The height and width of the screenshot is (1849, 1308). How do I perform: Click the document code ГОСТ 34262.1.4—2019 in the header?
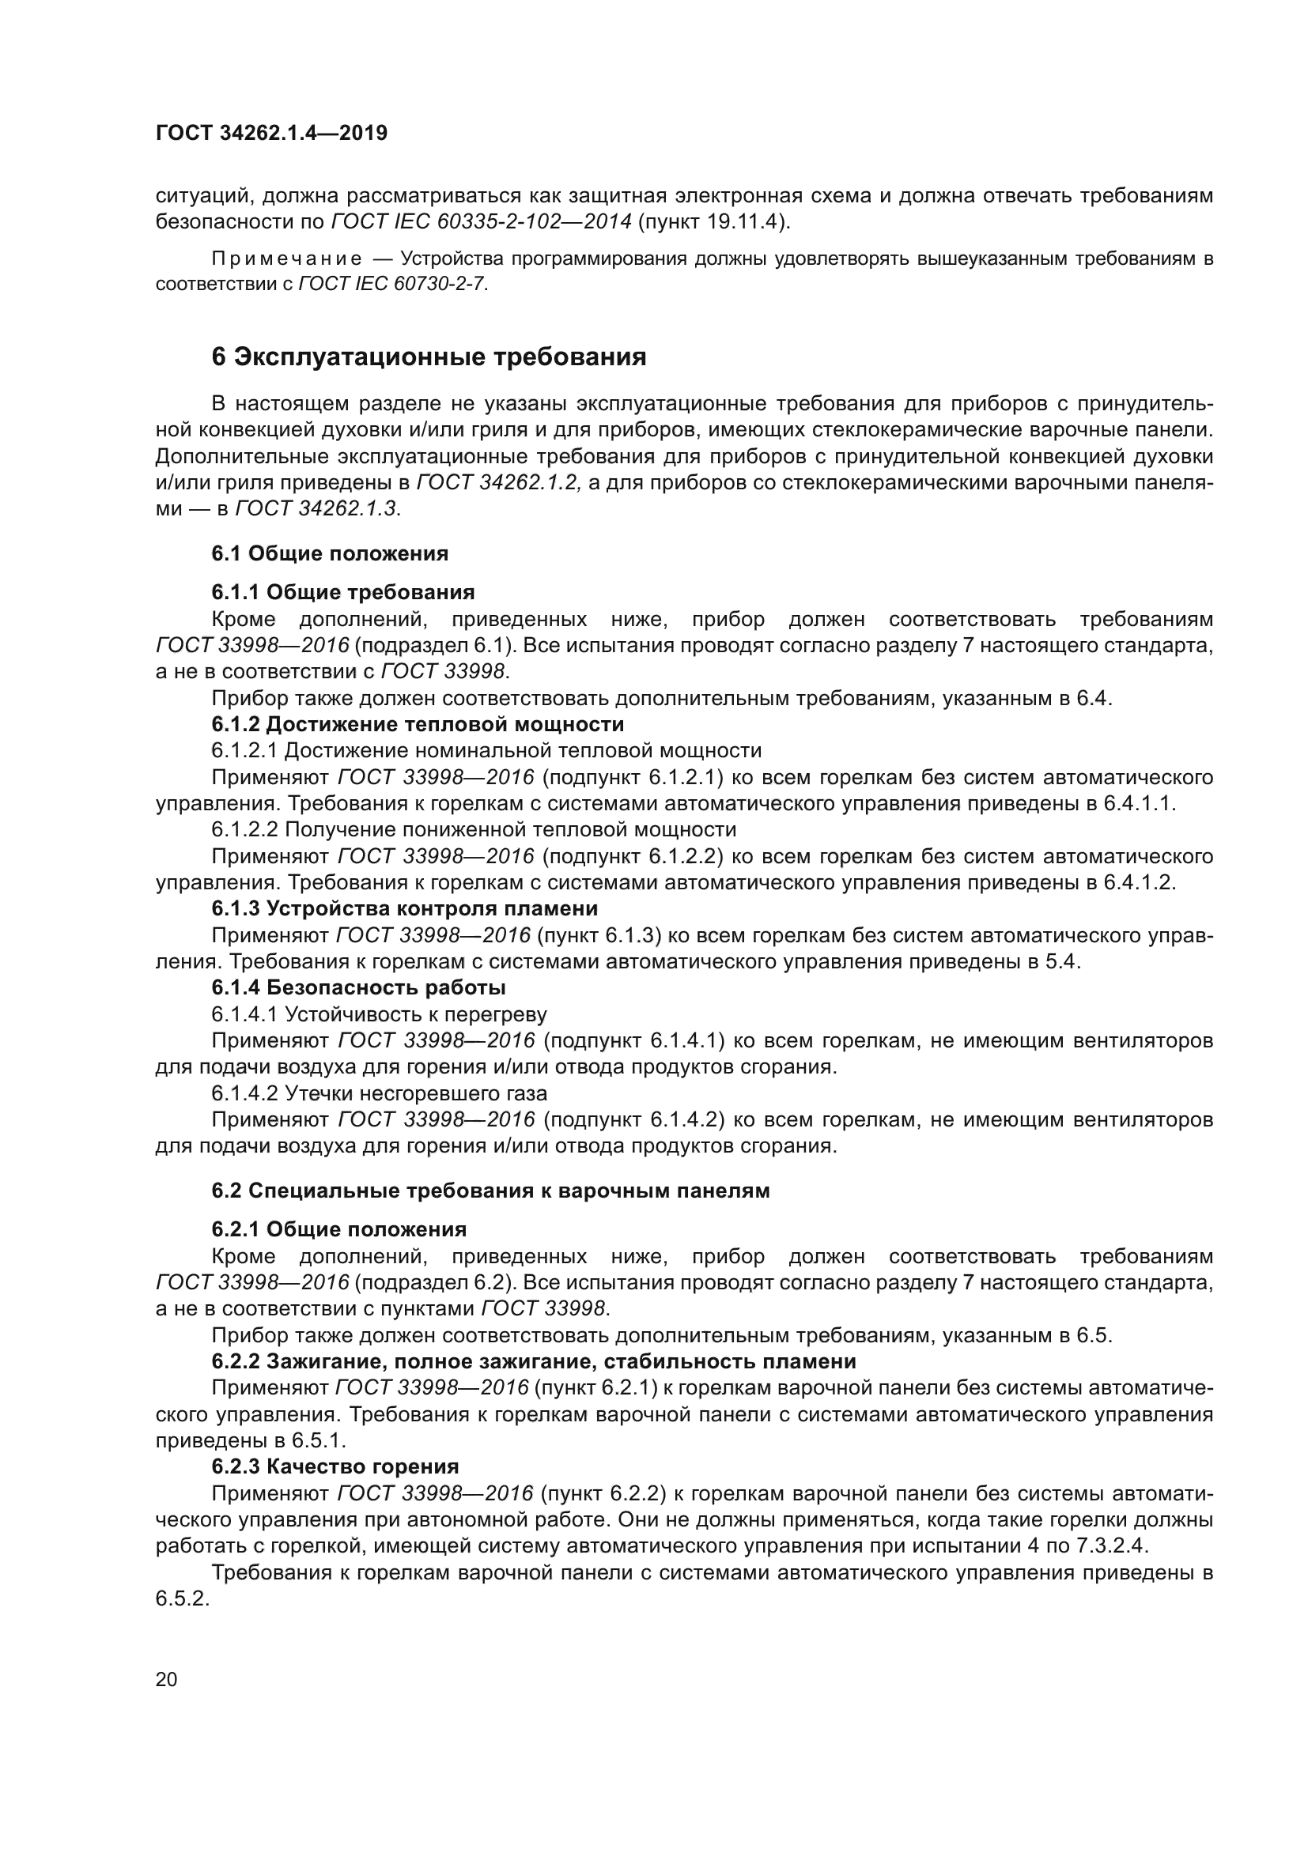pyautogui.click(x=271, y=133)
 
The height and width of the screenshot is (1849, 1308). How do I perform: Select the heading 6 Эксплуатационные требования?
pyautogui.click(x=429, y=357)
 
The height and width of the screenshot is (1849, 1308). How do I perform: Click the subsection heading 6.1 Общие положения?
pyautogui.click(x=330, y=553)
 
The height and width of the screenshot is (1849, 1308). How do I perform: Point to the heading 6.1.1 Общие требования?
pyautogui.click(x=343, y=593)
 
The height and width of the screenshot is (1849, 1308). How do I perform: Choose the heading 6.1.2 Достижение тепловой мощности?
pyautogui.click(x=418, y=724)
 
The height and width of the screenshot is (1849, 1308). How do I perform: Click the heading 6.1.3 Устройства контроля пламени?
pyautogui.click(x=404, y=908)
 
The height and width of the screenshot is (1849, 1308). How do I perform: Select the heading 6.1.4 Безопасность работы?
pyautogui.click(x=358, y=987)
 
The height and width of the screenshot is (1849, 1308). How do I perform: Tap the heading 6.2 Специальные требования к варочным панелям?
pyautogui.click(x=490, y=1191)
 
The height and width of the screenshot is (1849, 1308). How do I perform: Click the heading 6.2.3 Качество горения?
pyautogui.click(x=335, y=1466)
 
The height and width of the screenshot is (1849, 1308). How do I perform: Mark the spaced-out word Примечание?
pyautogui.click(x=286, y=258)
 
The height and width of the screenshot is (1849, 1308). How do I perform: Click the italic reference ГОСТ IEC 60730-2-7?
pyautogui.click(x=393, y=285)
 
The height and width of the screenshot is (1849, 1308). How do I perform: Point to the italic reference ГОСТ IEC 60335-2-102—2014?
pyautogui.click(x=481, y=221)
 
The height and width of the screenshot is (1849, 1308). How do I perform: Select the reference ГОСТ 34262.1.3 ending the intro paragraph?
pyautogui.click(x=317, y=509)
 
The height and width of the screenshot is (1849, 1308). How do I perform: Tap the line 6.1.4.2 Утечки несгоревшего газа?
pyautogui.click(x=380, y=1093)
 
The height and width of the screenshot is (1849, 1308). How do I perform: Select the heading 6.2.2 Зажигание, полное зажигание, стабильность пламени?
pyautogui.click(x=533, y=1362)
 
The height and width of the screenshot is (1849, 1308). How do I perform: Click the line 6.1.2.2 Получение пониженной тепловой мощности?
pyautogui.click(x=474, y=829)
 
